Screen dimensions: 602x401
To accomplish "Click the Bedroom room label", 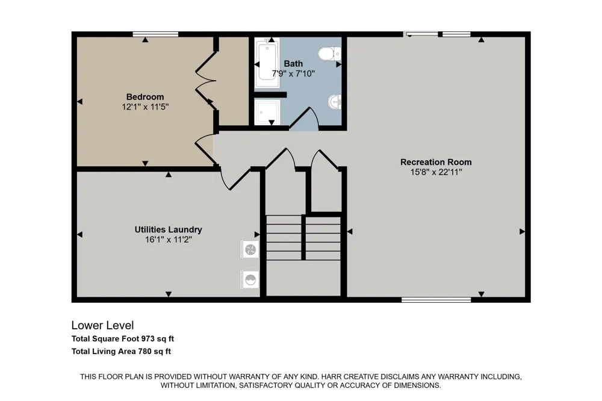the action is tap(145, 97).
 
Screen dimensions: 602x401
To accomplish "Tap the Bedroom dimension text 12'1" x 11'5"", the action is tap(146, 107).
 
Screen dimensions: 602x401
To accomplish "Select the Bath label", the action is tap(293, 64).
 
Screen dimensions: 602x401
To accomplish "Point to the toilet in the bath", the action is tap(329, 54).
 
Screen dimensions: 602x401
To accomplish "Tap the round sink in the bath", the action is tap(335, 102).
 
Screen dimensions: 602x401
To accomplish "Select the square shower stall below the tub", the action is tap(267, 111).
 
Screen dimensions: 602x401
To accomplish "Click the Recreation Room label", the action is tap(436, 162).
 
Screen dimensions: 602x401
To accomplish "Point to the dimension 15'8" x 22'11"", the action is tap(436, 172).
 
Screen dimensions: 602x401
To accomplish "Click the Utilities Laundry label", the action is tap(168, 229).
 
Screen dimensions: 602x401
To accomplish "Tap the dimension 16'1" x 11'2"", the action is tap(168, 240).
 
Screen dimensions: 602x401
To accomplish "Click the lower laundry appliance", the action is tap(250, 279).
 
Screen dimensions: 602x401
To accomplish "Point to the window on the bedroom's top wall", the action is tap(155, 34).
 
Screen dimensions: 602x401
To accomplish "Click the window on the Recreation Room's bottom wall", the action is tap(436, 300).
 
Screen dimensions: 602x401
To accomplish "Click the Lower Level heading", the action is tap(102, 325).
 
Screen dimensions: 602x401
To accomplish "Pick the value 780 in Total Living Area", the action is tap(144, 351).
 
